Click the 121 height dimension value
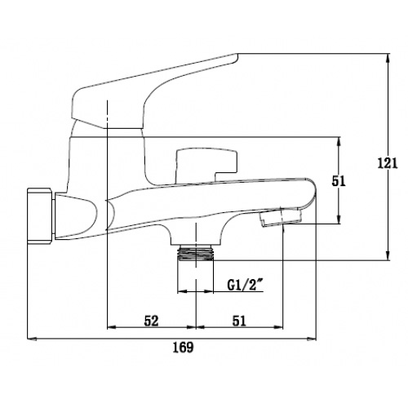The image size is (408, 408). point(388,163)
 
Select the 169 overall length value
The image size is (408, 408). point(184,348)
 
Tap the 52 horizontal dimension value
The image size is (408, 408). point(151,321)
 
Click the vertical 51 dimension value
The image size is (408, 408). point(339,181)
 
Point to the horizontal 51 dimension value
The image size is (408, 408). point(239,321)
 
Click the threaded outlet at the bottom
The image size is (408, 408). point(196,253)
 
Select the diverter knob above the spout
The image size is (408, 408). point(206,165)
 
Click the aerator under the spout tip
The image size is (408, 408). point(281,217)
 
